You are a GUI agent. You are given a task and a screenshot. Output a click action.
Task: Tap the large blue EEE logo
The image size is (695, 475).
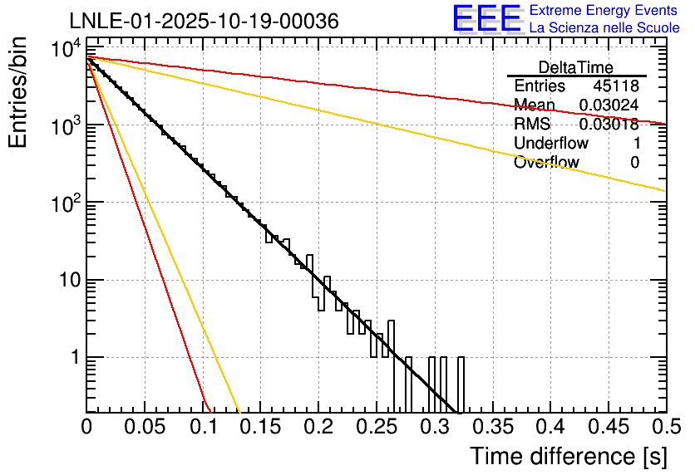486,19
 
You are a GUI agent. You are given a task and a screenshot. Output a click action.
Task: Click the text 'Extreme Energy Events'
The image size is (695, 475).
604,11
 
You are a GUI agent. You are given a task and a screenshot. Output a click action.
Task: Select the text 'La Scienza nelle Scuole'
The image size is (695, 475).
604,28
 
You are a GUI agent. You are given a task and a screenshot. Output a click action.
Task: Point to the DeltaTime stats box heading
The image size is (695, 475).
576,67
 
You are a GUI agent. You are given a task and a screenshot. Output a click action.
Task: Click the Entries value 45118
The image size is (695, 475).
616,86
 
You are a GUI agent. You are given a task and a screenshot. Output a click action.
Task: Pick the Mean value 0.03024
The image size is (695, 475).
609,105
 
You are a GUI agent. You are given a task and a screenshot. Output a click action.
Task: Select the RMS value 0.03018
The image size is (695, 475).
609,125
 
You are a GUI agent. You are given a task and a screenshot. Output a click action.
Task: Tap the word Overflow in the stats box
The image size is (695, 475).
546,163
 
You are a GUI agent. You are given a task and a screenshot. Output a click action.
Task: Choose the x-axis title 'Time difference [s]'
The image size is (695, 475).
568,456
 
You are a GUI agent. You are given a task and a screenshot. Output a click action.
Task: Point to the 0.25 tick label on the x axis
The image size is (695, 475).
376,428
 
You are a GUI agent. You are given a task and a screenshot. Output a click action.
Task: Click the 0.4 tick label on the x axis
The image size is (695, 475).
549,428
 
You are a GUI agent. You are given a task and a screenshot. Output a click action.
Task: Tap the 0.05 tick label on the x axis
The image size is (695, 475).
145,428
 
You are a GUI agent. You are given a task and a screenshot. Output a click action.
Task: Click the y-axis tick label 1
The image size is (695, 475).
72,358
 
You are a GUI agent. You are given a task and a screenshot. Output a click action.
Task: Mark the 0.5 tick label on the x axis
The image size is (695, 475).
664,428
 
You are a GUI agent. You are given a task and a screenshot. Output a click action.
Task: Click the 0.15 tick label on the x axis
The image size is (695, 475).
260,428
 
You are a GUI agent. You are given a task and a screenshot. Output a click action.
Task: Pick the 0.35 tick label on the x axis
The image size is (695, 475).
491,428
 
